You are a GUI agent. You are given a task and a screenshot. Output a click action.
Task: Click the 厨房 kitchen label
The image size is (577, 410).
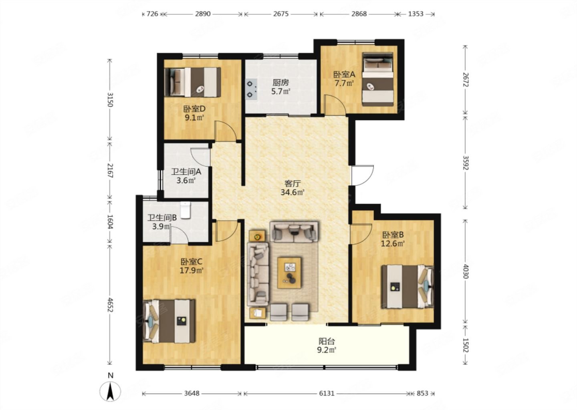pos(281,82)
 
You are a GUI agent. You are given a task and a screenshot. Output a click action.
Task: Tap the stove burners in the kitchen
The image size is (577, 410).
pos(251,89)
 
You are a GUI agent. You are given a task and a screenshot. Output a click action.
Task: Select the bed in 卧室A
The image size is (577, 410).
pos(378,79)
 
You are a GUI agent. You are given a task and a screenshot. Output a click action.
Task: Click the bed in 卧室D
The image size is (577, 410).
pos(192,82)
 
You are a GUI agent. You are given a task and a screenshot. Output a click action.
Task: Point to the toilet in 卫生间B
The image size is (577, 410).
pos(186,210)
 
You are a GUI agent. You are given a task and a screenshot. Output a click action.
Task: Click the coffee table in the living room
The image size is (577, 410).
pos(289,273)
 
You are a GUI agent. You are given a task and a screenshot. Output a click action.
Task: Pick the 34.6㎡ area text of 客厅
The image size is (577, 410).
pos(293,192)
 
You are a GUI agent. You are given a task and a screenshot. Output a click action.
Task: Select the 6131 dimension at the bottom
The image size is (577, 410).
pos(327,393)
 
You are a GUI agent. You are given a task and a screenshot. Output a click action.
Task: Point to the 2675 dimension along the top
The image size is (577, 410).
pos(281,14)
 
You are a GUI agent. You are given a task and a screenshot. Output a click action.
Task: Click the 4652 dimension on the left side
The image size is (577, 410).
pos(110,305)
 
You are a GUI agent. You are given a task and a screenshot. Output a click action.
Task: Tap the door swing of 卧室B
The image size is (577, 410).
pos(361,234)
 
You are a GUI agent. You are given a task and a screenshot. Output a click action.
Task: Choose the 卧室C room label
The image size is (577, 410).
pos(191,262)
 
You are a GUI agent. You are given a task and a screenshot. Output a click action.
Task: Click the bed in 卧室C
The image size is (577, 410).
pos(169,321)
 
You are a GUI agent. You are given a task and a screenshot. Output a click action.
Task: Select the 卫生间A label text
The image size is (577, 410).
pos(186,171)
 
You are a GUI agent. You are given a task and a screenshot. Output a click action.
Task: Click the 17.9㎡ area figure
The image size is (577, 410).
pos(192,271)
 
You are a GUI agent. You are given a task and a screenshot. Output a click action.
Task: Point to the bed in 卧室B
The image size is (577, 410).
pos(408,286)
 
